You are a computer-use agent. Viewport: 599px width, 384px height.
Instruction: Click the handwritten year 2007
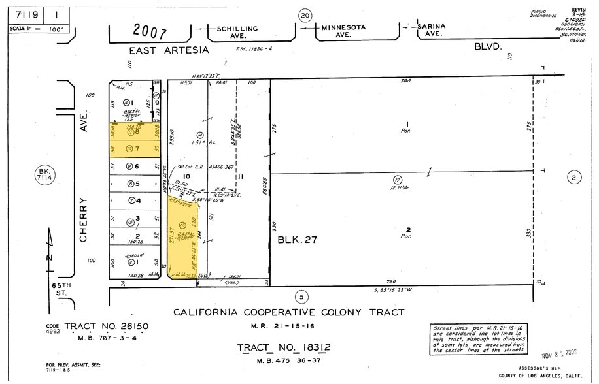[x=150, y=30]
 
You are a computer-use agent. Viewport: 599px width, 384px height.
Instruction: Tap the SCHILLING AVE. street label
[x=237, y=32]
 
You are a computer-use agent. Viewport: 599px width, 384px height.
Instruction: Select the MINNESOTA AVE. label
[x=343, y=31]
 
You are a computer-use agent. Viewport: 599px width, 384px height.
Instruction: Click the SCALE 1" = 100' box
[x=34, y=29]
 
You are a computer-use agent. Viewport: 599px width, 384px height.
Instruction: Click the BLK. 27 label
[x=298, y=240]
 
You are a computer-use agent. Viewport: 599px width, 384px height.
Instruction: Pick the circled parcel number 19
[x=397, y=180]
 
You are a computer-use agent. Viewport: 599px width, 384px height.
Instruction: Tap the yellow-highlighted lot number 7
[x=138, y=150]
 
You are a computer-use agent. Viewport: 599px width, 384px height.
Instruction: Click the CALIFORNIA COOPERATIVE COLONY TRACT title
[x=288, y=312]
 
